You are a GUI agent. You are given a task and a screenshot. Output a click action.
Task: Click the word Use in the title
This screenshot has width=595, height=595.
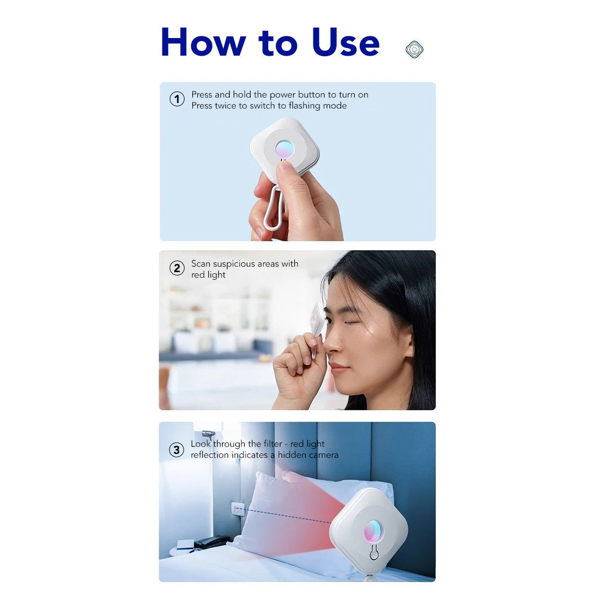(345, 42)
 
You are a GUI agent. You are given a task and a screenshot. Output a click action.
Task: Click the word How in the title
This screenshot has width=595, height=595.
(203, 42)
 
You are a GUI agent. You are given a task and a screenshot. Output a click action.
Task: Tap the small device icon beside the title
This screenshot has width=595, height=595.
(414, 50)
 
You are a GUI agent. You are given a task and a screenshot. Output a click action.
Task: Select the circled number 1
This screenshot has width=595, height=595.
(177, 100)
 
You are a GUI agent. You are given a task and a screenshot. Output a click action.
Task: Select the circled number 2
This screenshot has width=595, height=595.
(177, 268)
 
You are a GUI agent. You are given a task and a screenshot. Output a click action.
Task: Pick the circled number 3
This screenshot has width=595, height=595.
(176, 450)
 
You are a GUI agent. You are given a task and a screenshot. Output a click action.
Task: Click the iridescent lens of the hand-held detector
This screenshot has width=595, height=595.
(285, 149)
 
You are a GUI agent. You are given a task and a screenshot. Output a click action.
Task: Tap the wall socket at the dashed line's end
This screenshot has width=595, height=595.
(238, 508)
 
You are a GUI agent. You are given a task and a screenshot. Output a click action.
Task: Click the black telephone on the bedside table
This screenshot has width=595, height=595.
(212, 542)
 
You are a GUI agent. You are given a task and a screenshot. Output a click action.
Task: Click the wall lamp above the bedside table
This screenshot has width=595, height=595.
(208, 434)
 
